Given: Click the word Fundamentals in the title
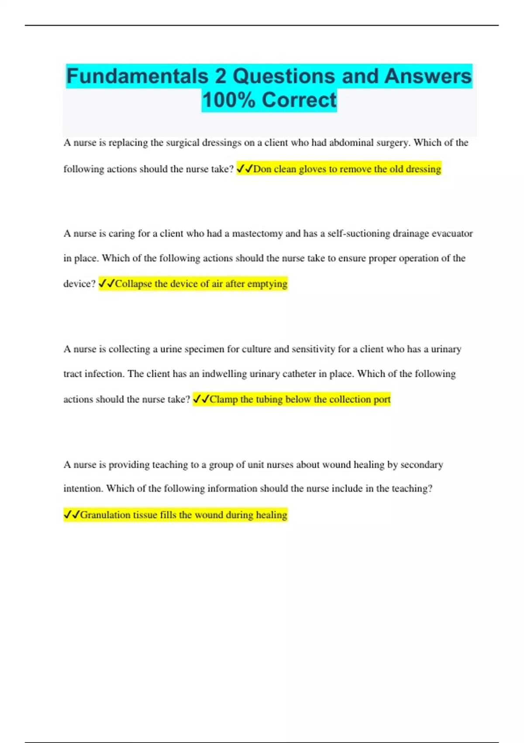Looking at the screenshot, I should (x=137, y=76).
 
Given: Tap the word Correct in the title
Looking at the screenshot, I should (x=299, y=100).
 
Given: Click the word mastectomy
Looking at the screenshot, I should (x=257, y=234).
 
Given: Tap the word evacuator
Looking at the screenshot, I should (x=452, y=234).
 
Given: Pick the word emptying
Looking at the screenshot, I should (x=267, y=284).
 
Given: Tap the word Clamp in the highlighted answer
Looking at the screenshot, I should (x=224, y=399).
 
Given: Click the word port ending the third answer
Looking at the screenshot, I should (x=382, y=399).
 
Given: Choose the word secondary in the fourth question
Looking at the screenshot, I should (x=421, y=465).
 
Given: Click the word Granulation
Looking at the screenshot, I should (x=105, y=515).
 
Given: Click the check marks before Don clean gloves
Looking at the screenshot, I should (x=245, y=169).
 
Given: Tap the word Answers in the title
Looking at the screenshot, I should (x=428, y=76).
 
